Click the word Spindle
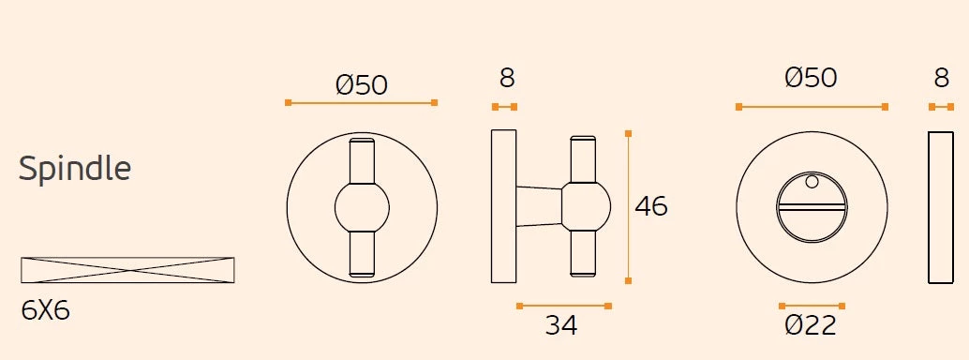pos(75,168)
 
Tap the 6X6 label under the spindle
pos(46,310)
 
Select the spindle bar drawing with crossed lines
pos(128,270)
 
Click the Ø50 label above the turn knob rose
pos(362,84)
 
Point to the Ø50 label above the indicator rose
pos(811,78)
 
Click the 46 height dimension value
pos(651,206)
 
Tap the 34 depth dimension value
pos(561,324)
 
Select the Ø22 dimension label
pos(811,324)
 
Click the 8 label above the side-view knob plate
pos(507,79)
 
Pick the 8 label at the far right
pos(941,79)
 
